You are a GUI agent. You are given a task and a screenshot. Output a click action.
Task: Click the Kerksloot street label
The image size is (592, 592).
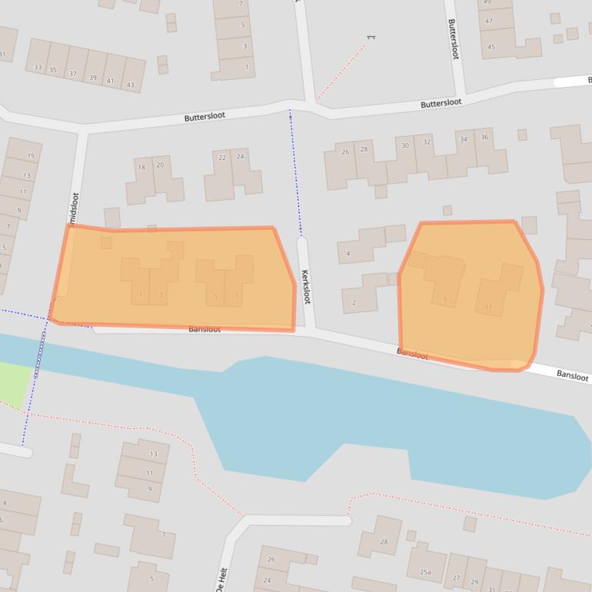(x=305, y=286)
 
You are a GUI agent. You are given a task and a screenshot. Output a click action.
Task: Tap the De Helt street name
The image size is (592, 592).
(x=223, y=577)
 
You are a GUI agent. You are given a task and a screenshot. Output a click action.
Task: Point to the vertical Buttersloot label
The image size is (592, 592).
(x=454, y=39)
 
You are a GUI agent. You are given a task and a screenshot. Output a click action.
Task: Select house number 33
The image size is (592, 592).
(x=38, y=68)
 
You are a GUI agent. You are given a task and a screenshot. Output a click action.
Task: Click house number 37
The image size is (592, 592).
(x=73, y=74)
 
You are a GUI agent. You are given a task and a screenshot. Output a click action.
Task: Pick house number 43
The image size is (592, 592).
(x=131, y=85)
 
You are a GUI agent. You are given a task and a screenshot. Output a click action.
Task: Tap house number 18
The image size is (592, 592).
(x=141, y=167)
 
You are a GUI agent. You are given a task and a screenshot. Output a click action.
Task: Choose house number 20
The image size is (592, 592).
(x=160, y=165)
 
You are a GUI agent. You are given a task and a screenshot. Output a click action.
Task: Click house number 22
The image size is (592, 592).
(x=222, y=158)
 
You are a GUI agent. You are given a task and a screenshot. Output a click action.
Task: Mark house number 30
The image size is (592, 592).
(x=405, y=145)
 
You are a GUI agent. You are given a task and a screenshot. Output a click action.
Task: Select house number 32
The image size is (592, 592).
(x=427, y=141)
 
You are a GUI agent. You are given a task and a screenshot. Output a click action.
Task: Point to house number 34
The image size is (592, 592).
(x=463, y=139)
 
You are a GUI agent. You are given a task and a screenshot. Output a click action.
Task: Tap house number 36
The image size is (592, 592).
(x=484, y=137)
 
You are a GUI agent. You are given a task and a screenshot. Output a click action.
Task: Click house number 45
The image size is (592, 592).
(x=491, y=47)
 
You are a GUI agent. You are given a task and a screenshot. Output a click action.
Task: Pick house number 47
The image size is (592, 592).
(x=488, y=22)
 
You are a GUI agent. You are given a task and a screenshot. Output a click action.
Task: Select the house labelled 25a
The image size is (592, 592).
(x=425, y=572)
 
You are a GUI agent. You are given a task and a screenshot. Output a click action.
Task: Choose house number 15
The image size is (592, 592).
(x=31, y=156)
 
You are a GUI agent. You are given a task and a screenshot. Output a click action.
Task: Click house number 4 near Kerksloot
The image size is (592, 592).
(x=348, y=254)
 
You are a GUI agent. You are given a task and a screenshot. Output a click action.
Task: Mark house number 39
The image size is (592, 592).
(x=92, y=78)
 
